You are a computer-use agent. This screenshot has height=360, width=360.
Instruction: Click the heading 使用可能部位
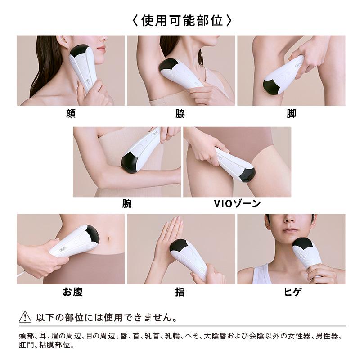pos(180,20)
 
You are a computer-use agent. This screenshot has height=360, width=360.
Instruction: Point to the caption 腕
pos(127,204)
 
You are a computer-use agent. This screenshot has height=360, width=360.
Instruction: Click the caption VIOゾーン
pos(237,204)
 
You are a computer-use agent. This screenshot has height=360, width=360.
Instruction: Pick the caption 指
pos(180,292)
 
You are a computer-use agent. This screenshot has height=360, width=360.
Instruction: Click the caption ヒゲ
pos(291,292)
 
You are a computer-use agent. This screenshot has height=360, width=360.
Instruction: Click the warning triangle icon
pos(25,317)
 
